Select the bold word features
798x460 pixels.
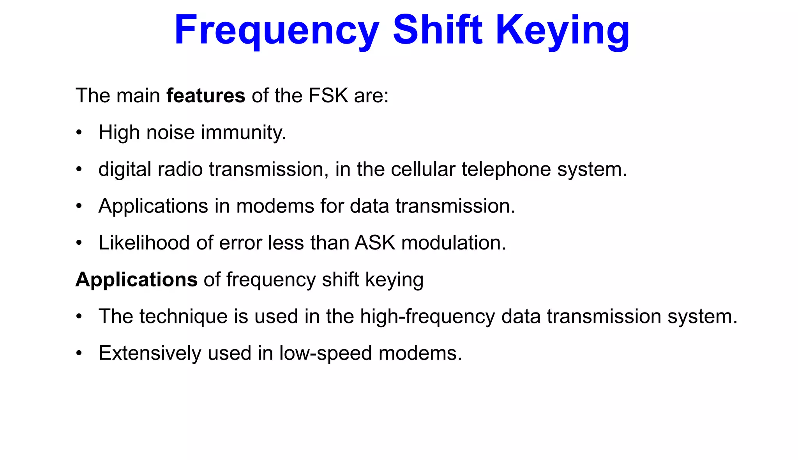point(206,96)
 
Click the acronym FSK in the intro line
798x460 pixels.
point(328,96)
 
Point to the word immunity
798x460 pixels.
point(244,133)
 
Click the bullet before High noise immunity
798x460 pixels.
point(79,133)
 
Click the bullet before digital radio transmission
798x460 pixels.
point(79,169)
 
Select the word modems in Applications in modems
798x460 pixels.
point(275,206)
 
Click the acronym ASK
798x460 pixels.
point(375,243)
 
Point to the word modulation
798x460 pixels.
point(454,243)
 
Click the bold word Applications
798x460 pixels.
point(136,280)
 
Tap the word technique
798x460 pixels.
point(183,316)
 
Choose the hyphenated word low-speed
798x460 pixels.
point(325,353)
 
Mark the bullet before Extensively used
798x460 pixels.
point(79,353)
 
